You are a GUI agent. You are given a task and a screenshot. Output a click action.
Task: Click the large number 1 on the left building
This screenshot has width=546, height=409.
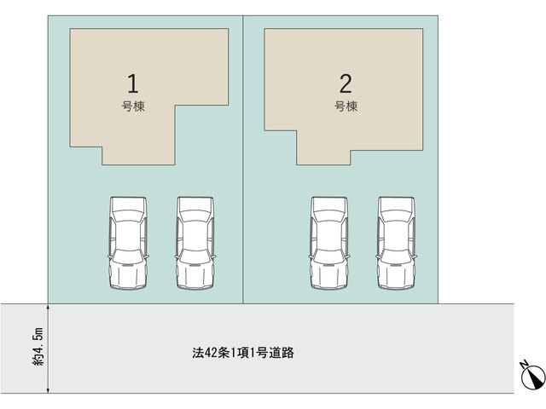pyautogui.click(x=133, y=84)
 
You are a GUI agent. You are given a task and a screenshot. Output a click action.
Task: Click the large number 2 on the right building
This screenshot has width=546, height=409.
pyautogui.click(x=346, y=84)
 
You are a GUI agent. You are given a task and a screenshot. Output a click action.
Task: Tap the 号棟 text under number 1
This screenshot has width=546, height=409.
pyautogui.click(x=133, y=106)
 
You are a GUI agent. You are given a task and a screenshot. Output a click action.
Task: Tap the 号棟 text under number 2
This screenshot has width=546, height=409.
pyautogui.click(x=346, y=106)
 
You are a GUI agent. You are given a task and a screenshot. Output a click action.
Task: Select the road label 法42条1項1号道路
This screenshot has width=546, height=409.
pyautogui.click(x=243, y=353)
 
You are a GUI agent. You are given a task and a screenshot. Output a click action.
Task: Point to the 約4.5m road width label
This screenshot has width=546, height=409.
pyautogui.click(x=38, y=347)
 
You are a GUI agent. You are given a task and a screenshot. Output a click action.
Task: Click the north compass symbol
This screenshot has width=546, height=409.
pyautogui.click(x=533, y=377)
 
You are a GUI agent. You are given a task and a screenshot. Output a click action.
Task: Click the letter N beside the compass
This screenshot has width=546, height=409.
pyautogui.click(x=524, y=365)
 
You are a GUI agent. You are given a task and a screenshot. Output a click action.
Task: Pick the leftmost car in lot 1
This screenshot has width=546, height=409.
pyautogui.click(x=128, y=243)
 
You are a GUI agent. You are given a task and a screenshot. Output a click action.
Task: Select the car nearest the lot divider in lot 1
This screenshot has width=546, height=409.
pyautogui.click(x=195, y=243)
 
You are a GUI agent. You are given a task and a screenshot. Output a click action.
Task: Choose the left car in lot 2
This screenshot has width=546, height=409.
pyautogui.click(x=329, y=243)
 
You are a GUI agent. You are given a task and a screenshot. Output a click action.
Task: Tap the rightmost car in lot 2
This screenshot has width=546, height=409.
pyautogui.click(x=397, y=243)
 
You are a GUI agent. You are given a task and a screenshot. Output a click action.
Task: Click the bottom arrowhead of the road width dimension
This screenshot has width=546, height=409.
pyautogui.click(x=48, y=390)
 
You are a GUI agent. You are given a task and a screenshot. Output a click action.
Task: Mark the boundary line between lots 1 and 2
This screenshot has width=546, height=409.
pyautogui.click(x=243, y=159)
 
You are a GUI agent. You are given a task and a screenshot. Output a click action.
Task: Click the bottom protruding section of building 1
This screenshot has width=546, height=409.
pyautogui.click(x=138, y=155)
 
